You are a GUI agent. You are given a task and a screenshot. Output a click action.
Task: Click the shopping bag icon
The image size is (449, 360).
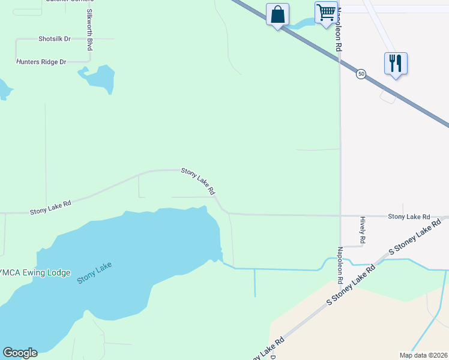[x=277, y=14]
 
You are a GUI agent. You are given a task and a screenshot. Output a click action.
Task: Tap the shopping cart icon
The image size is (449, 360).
[x=326, y=13]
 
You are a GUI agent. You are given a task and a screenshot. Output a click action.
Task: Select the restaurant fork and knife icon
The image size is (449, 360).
[x=396, y=63]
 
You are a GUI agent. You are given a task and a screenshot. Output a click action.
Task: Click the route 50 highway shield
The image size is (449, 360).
[x=360, y=73]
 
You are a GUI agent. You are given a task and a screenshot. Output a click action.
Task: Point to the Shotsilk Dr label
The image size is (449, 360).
[x=55, y=38]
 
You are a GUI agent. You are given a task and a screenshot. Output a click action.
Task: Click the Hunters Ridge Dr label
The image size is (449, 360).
[x=41, y=62]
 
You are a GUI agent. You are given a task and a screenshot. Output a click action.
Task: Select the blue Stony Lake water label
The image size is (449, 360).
[x=95, y=273]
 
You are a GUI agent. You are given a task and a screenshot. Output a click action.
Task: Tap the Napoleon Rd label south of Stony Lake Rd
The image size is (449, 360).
[x=340, y=265]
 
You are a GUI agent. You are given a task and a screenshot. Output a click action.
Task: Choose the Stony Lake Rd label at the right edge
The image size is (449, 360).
[x=409, y=217]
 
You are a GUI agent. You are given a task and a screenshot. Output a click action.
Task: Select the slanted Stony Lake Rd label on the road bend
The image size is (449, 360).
[x=198, y=181]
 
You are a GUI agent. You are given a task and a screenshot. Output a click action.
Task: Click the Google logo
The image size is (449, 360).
[x=20, y=353]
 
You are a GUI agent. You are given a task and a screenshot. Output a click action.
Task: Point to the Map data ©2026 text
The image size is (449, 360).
[x=423, y=355]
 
